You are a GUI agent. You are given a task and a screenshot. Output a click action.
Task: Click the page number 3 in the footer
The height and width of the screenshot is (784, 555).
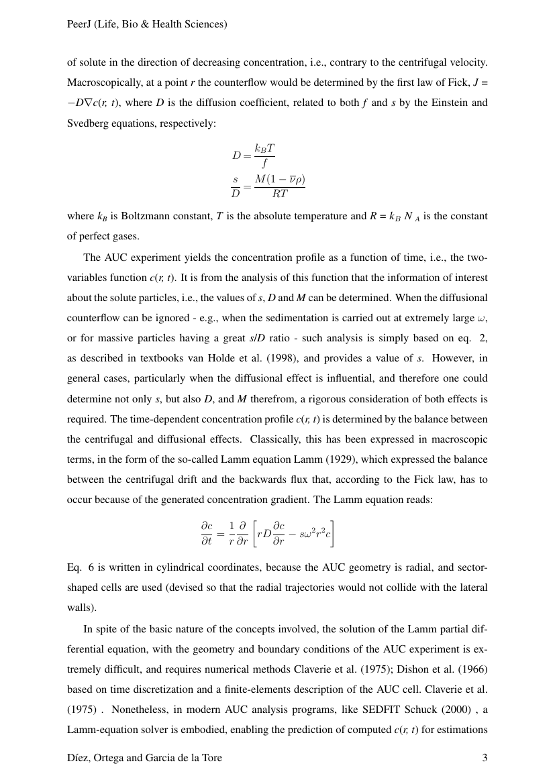[485, 758]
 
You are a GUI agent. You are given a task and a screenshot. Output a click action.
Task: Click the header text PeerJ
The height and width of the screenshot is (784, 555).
[80, 24]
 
